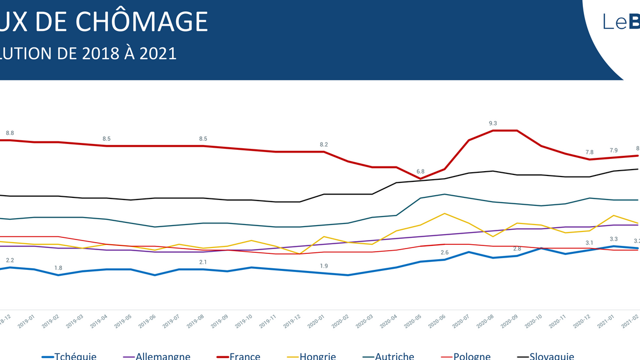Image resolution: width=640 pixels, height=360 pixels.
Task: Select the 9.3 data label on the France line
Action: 492,124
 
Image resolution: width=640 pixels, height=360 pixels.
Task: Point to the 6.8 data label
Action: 420,172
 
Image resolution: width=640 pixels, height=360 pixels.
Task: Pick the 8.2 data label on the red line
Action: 324,145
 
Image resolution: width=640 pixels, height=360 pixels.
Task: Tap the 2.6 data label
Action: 445,253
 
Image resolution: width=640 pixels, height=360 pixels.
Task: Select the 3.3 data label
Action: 613,239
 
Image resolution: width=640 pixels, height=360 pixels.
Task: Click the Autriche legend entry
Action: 394,356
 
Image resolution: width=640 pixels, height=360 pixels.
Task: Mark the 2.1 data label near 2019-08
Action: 203,262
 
